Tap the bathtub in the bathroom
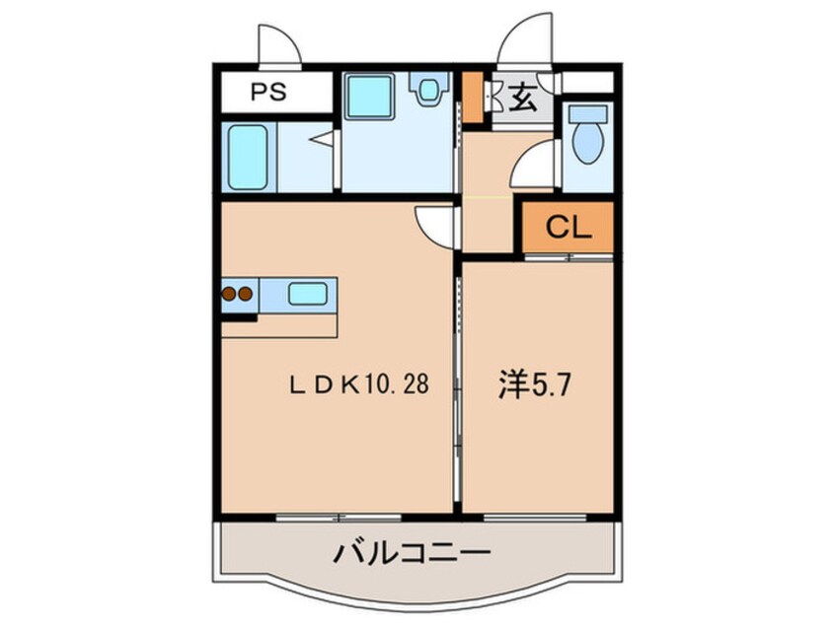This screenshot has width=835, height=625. point(248,156)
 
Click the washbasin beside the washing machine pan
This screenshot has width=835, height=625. point(428,91)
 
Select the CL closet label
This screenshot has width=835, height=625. point(569,229)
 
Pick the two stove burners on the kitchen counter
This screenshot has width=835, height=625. point(236,293)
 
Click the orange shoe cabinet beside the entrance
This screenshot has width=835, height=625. point(473,97)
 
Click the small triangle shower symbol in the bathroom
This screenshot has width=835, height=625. point(321,141)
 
